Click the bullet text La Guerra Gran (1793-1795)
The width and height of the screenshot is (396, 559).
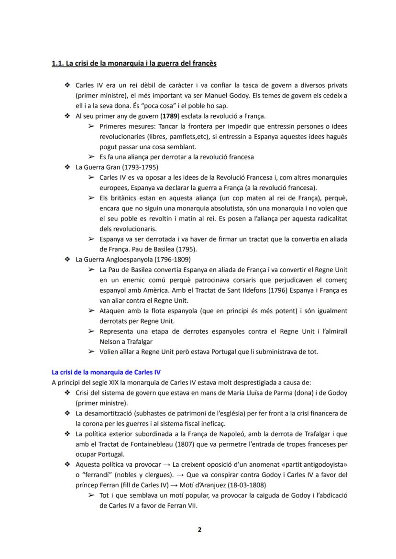point(117,167)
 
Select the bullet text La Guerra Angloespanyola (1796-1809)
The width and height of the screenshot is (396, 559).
point(133,260)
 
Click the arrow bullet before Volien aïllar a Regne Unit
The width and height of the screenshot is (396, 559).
point(91,352)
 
